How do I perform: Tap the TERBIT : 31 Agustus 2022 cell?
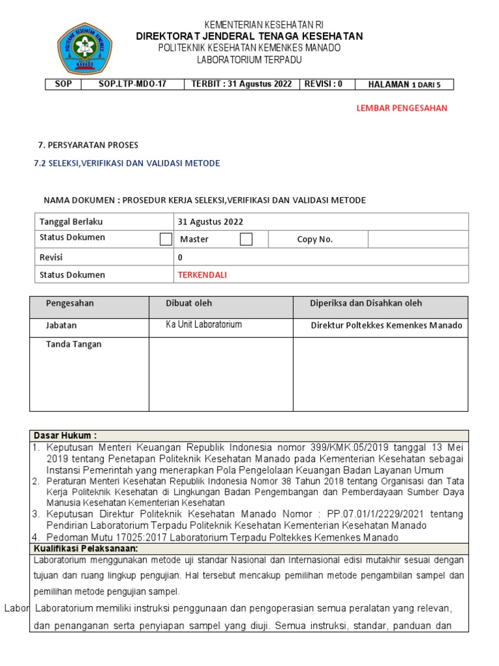click(x=240, y=84)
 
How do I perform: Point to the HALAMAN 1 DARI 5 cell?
click(x=409, y=85)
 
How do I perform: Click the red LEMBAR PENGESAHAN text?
click(x=402, y=108)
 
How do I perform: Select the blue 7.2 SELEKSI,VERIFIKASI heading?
click(x=127, y=163)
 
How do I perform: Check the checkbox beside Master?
click(x=166, y=239)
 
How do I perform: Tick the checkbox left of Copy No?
click(x=246, y=239)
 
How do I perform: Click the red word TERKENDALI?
click(x=202, y=274)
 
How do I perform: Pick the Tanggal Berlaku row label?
click(x=71, y=222)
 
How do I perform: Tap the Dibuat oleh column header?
click(x=189, y=303)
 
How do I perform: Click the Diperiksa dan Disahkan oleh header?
click(x=366, y=303)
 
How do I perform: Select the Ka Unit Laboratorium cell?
click(x=204, y=325)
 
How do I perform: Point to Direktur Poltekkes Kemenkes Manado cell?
click(x=387, y=325)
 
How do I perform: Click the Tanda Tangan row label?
click(x=73, y=344)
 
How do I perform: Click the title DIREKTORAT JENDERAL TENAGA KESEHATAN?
click(x=249, y=36)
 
